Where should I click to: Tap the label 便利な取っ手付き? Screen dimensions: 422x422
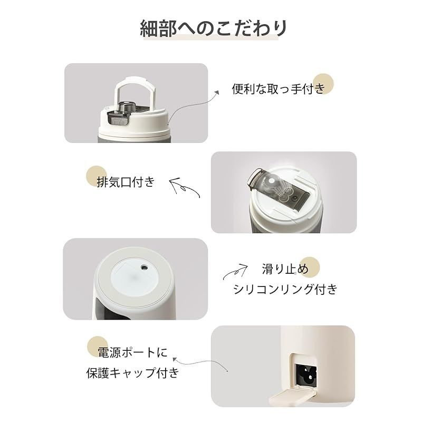279,88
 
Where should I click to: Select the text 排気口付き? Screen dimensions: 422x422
126,182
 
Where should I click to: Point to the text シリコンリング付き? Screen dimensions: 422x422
285,289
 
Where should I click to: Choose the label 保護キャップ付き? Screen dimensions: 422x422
132,373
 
